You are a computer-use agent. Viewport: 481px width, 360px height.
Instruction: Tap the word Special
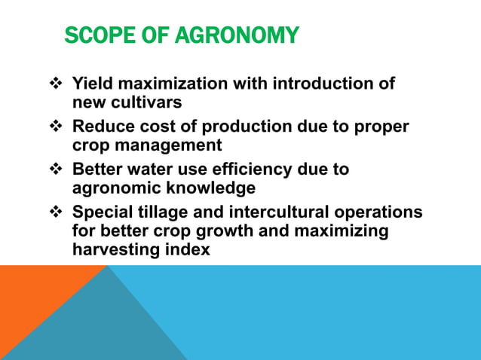tap(101, 212)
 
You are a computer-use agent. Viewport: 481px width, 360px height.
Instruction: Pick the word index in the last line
tap(185, 249)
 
